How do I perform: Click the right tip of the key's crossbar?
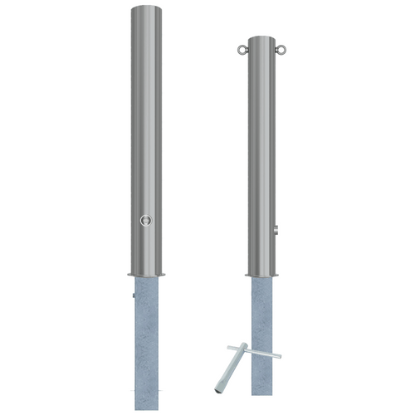pyautogui.click(x=279, y=357)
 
